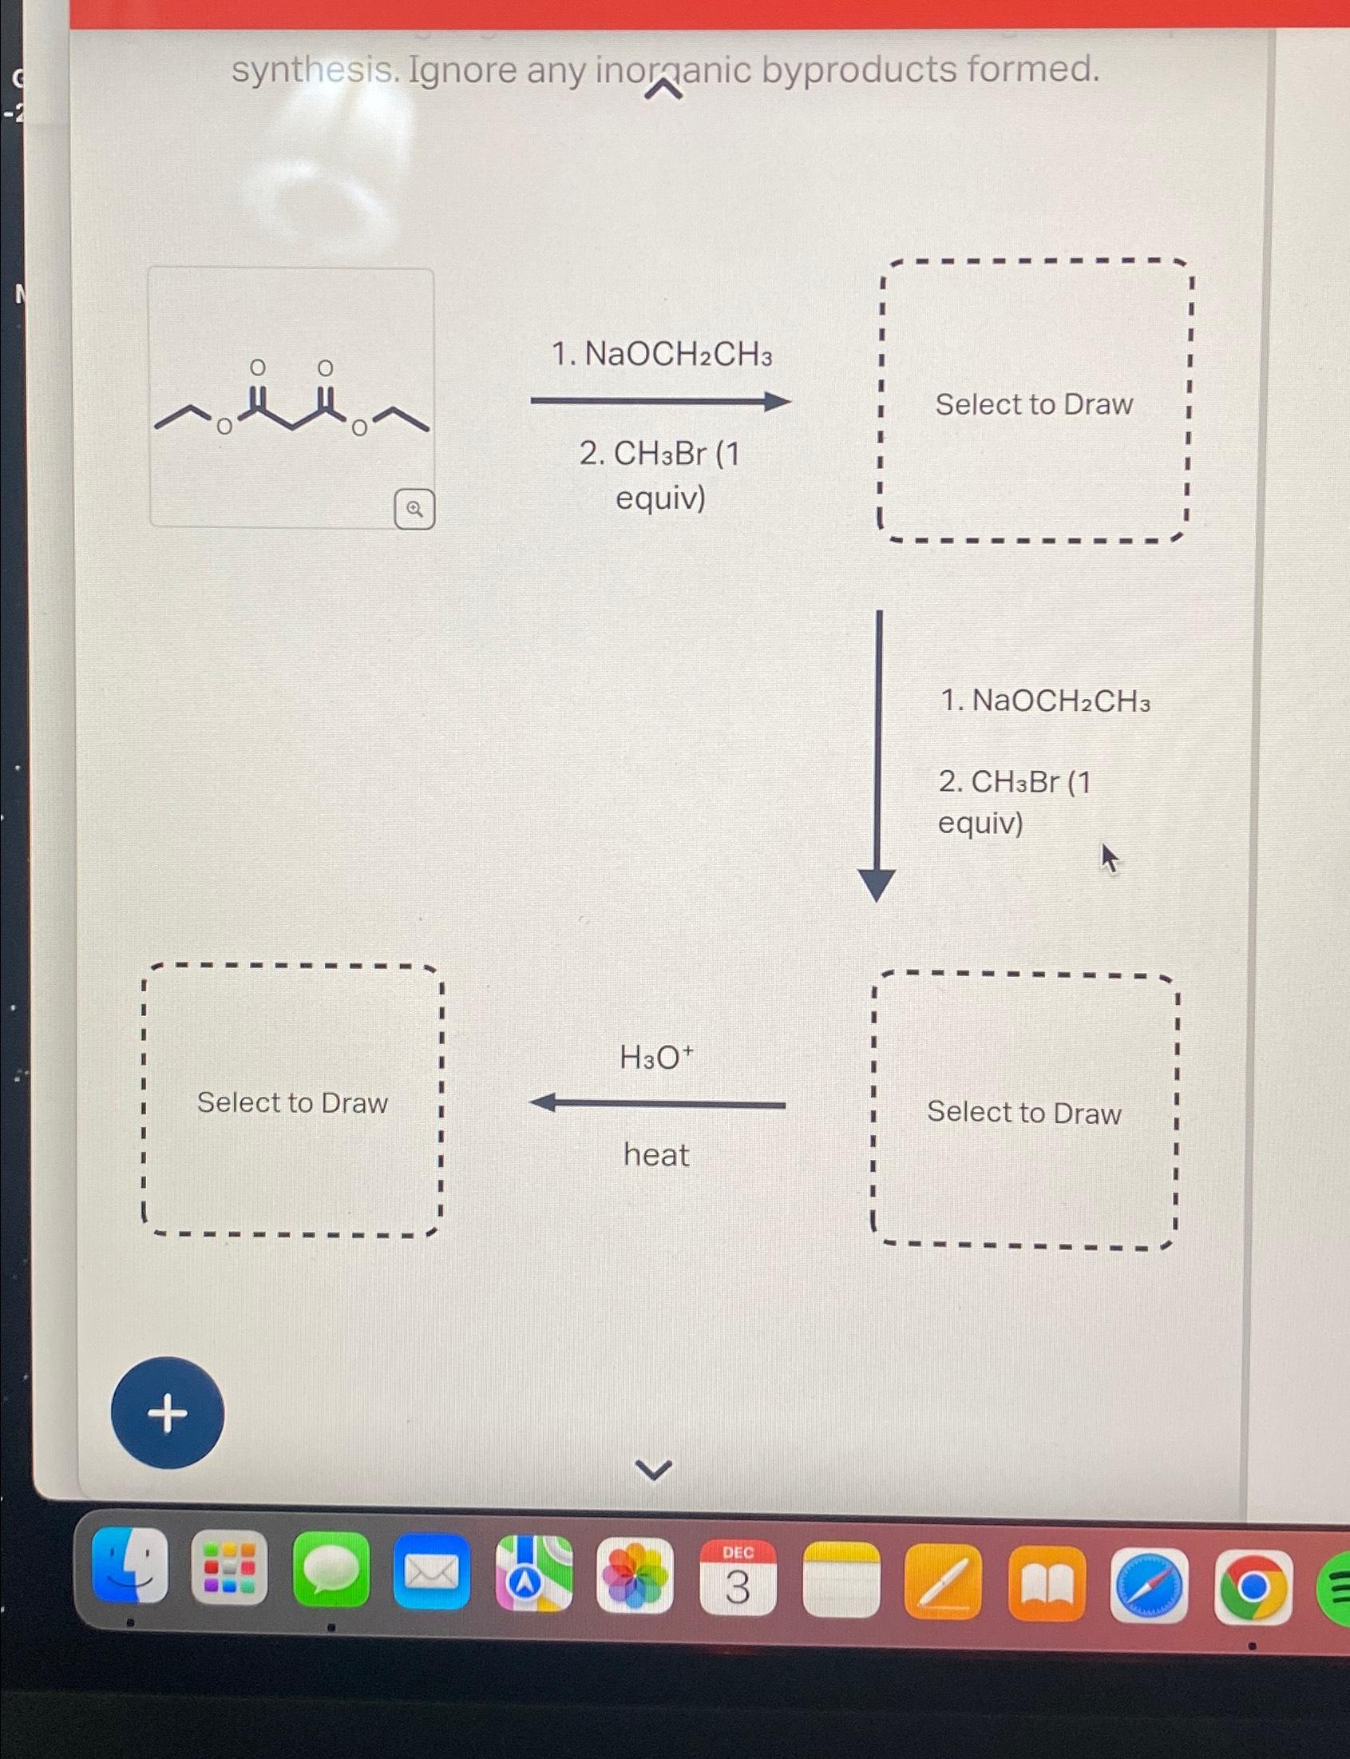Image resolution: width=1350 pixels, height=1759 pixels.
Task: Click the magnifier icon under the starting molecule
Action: (x=414, y=508)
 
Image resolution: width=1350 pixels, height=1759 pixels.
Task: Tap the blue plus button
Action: (x=167, y=1412)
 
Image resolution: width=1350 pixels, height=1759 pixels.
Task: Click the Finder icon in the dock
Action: (x=130, y=1566)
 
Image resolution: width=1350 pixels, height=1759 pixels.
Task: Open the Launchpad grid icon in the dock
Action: (x=229, y=1567)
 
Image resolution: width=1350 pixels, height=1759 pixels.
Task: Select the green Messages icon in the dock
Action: (x=331, y=1569)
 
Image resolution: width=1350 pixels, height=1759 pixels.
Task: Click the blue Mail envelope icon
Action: (x=433, y=1572)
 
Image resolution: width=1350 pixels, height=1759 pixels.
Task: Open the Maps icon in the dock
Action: (x=533, y=1574)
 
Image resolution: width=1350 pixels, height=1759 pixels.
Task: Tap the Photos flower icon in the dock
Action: (x=635, y=1576)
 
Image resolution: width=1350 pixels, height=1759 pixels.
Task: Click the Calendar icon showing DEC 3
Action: (x=738, y=1578)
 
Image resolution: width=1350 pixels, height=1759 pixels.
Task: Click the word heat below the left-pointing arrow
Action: (x=655, y=1155)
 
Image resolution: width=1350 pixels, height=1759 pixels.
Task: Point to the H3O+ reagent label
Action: (x=655, y=1057)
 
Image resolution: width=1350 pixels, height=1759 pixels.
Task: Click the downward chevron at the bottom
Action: (x=654, y=1471)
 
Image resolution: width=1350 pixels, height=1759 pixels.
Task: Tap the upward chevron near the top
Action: (x=664, y=93)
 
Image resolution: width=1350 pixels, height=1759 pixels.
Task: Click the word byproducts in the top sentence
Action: (x=859, y=70)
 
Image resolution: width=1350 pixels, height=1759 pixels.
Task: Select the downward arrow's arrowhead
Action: (x=877, y=884)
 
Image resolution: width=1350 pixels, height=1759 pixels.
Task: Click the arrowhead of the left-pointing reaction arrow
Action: (x=543, y=1103)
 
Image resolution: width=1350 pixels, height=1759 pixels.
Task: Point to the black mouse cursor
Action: (x=1110, y=858)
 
